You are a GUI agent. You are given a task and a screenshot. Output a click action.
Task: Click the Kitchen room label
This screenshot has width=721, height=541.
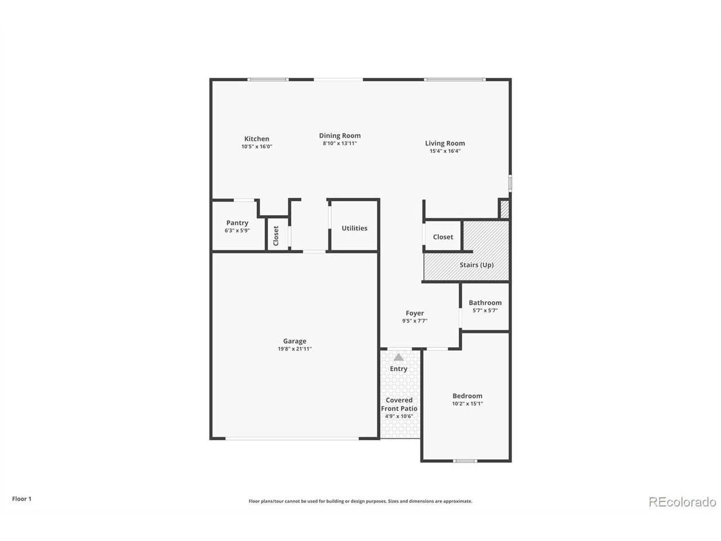click(256, 139)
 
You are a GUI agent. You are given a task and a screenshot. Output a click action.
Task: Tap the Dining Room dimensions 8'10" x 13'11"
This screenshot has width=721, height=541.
click(340, 143)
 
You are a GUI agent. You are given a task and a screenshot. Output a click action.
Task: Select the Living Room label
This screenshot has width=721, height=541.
click(445, 143)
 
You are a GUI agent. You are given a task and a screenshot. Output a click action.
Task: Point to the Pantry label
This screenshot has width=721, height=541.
click(237, 223)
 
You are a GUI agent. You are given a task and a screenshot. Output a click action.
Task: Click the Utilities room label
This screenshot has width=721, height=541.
click(354, 228)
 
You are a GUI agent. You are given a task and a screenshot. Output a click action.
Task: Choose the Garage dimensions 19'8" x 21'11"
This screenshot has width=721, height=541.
click(295, 349)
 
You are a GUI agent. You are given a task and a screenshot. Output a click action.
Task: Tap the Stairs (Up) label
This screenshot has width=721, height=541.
click(477, 265)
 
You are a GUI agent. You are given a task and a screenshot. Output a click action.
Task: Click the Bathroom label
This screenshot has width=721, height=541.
click(485, 303)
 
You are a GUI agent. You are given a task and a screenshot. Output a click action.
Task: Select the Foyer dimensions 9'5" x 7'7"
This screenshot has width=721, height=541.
click(415, 321)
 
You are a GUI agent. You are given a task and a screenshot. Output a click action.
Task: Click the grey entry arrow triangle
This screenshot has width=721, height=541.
click(398, 357)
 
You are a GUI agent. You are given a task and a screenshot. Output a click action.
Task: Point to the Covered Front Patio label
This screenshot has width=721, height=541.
click(399, 404)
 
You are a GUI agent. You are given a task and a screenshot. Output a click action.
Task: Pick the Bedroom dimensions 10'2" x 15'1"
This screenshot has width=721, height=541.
click(468, 403)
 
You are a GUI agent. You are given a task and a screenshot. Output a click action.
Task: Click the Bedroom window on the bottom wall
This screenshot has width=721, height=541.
click(465, 461)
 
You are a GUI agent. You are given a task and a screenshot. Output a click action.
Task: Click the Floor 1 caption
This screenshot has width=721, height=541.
click(21, 499)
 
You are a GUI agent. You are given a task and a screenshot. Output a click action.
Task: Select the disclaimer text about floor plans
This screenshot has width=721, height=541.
click(360, 501)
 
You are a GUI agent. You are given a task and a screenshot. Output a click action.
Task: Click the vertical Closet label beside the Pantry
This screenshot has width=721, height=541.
click(276, 236)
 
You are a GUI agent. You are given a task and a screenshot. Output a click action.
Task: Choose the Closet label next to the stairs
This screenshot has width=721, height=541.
click(443, 237)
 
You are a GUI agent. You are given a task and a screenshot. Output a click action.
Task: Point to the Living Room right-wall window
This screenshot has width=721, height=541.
click(510, 183)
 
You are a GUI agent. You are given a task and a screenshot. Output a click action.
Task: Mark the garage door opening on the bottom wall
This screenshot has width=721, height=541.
click(292, 438)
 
